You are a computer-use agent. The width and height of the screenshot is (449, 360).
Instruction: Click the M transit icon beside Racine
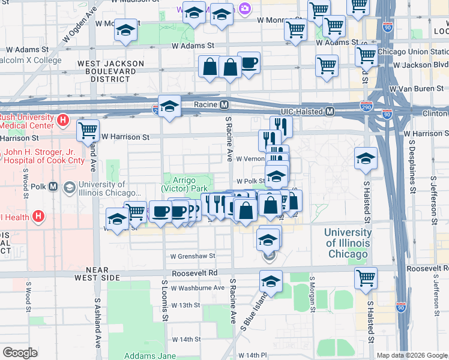pos(224,104)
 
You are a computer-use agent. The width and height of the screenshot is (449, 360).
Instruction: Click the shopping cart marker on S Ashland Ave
pos(88,129)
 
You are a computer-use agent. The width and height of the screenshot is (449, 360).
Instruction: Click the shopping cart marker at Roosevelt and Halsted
pos(366,278)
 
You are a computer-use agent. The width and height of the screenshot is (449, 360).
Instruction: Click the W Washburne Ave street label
pos(197,288)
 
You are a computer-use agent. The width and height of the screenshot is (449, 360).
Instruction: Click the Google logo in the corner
pos(20,353)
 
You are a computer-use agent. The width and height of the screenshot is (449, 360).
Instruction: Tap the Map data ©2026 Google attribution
pos(412,355)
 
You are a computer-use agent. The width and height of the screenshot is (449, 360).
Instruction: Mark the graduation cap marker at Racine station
pos(170,107)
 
